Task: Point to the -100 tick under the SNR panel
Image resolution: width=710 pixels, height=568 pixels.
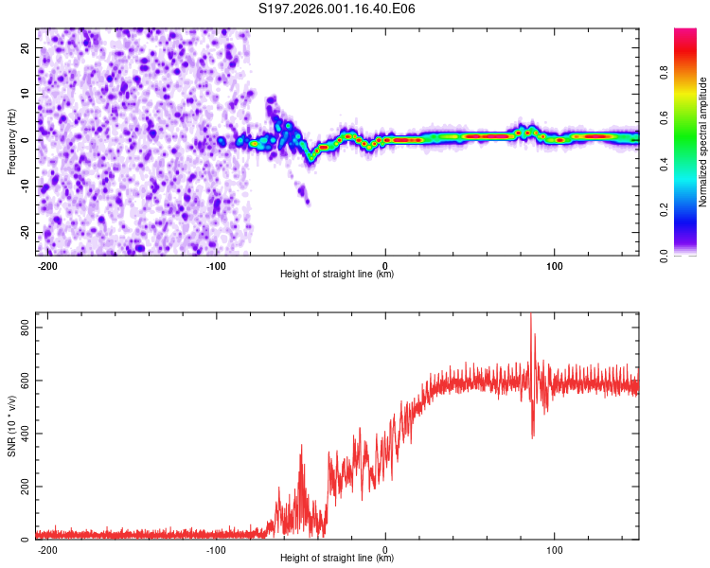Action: [x=216, y=548]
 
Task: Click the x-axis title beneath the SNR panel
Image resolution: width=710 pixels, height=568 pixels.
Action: [x=337, y=559]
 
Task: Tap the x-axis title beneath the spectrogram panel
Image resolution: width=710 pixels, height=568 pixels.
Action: [x=337, y=275]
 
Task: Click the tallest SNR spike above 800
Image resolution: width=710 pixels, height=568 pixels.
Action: [x=530, y=315]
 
